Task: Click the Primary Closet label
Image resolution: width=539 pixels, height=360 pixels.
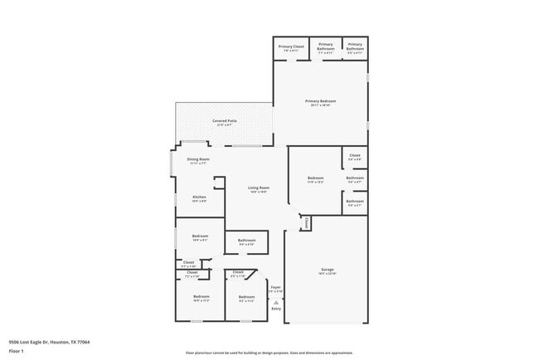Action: point(291,46)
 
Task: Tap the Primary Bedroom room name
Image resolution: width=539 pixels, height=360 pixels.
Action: point(320,101)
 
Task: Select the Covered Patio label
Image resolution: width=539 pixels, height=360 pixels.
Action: point(224,121)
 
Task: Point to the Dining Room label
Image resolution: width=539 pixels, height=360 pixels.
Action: point(197,158)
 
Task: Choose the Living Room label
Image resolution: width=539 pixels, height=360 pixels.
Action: point(259,187)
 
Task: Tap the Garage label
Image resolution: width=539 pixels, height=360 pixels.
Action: point(328,270)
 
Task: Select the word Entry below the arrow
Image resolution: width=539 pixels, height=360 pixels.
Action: point(276,309)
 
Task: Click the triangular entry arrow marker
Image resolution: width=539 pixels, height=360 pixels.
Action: point(276,302)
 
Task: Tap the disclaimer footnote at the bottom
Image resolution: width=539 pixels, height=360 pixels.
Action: point(269,353)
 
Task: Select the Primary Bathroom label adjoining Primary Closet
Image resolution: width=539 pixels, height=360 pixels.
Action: point(325,46)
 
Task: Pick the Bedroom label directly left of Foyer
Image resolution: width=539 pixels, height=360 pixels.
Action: point(246,296)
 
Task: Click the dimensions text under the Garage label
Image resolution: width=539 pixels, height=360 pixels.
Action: point(328,275)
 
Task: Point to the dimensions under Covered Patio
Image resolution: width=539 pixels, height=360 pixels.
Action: point(224,126)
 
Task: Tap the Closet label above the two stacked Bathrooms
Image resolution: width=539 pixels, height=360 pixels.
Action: point(354,155)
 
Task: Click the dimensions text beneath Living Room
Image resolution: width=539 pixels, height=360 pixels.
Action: point(259,192)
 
